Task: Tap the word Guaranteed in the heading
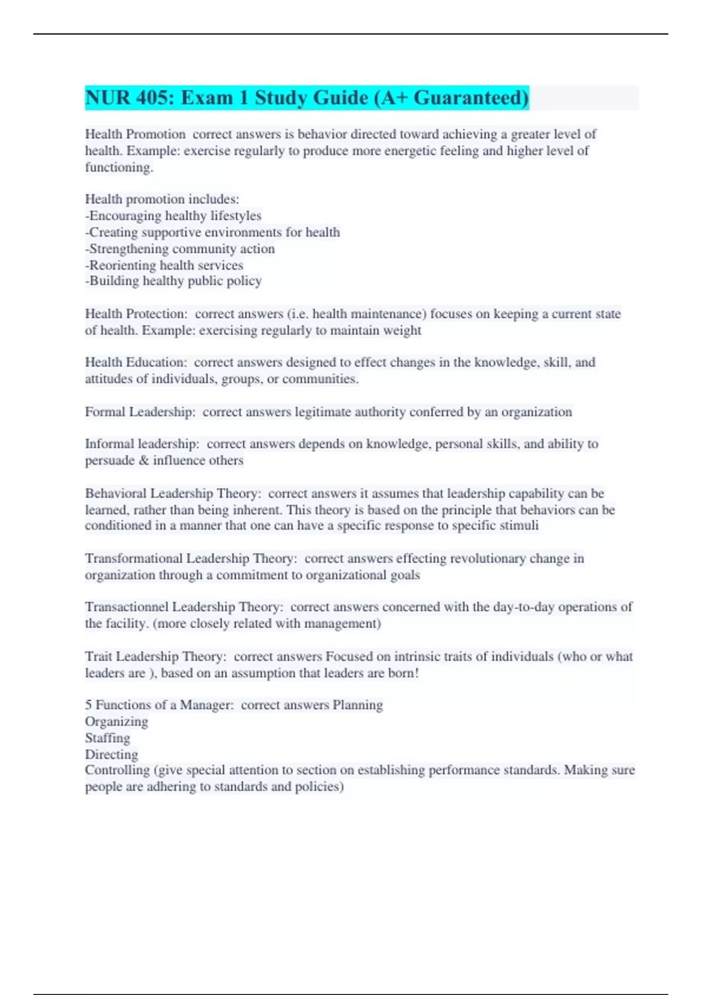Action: (471, 98)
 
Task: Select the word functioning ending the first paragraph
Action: (119, 167)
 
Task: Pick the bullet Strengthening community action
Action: (181, 249)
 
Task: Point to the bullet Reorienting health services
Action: (165, 265)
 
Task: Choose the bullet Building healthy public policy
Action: (174, 281)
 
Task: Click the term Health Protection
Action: (135, 314)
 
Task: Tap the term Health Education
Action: (135, 362)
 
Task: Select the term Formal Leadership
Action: (139, 412)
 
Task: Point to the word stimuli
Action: (519, 526)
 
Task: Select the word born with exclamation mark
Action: (403, 673)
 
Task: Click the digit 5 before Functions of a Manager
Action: (88, 705)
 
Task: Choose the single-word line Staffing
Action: (108, 738)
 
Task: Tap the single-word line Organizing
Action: (116, 722)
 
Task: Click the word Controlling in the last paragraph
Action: (117, 770)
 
